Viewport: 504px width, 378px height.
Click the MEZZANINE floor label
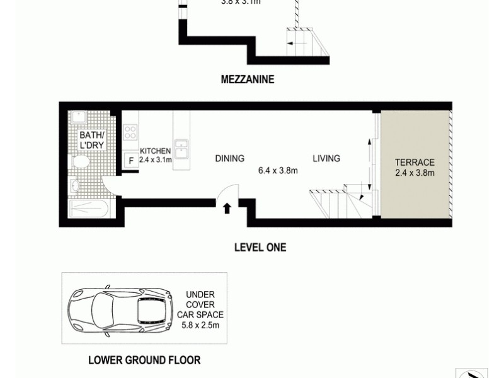click(248, 79)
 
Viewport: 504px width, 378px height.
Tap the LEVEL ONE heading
click(260, 248)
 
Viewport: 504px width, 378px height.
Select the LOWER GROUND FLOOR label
click(144, 360)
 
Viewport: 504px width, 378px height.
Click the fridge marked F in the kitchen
click(131, 161)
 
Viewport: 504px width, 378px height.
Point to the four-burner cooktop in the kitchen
click(130, 132)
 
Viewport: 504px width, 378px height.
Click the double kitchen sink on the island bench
click(181, 149)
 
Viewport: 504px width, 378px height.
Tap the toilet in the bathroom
click(81, 161)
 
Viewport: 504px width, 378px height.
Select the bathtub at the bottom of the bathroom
click(88, 209)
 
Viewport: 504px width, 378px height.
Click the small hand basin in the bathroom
click(74, 186)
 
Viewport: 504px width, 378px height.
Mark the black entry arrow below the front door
click(226, 207)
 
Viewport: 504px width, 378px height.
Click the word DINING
click(229, 159)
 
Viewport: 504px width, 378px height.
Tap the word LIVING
click(326, 159)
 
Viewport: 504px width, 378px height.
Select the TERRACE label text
click(415, 163)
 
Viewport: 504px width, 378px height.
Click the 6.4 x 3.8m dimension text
click(278, 170)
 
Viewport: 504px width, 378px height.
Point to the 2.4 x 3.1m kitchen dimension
click(155, 161)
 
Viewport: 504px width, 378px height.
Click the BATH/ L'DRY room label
click(91, 140)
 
